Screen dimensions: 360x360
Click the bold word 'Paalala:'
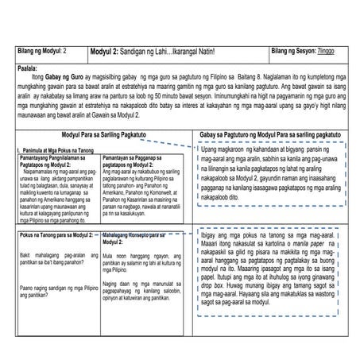[x=29, y=68]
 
